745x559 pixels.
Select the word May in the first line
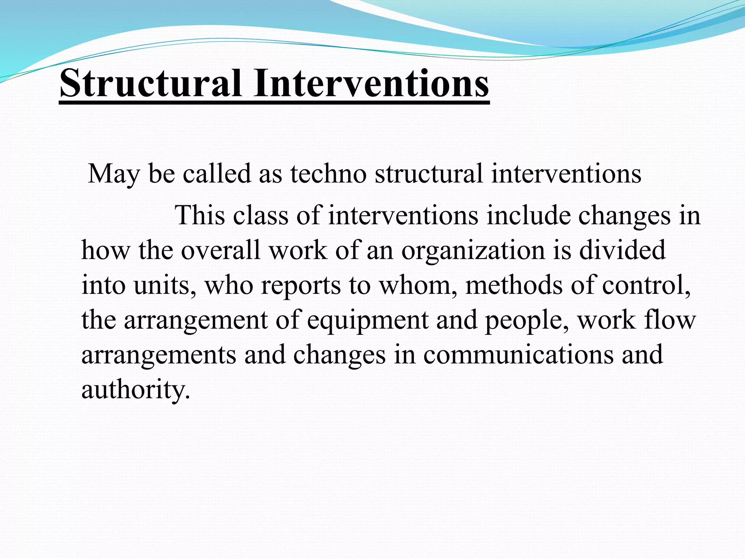[114, 174]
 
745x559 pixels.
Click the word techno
[328, 174]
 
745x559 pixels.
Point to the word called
[217, 174]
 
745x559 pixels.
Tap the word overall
[221, 250]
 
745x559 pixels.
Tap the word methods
[514, 285]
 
